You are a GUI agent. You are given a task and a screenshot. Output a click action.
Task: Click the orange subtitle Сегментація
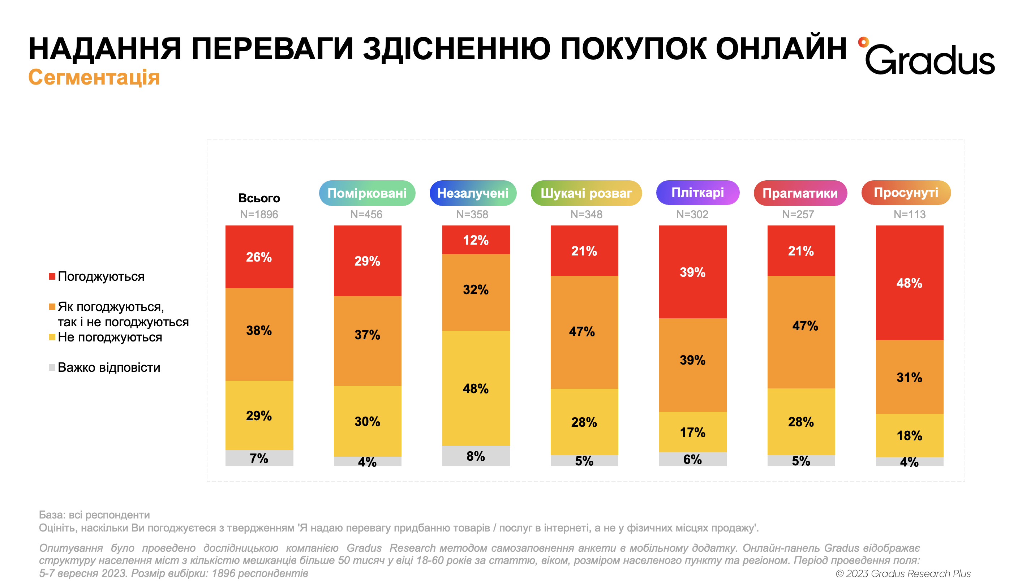[x=94, y=77]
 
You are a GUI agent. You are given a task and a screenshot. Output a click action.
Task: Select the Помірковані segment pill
[x=367, y=193]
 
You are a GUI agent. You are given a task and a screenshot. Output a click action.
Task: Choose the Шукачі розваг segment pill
[x=586, y=193]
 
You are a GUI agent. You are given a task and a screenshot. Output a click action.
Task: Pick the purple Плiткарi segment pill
[x=697, y=193]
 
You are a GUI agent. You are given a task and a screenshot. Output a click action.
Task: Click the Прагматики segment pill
[x=800, y=193]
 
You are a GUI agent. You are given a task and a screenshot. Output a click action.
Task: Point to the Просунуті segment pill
[x=906, y=193]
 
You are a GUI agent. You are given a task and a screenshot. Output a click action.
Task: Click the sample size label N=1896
[x=259, y=215]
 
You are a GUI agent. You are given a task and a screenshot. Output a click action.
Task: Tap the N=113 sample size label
[x=909, y=215]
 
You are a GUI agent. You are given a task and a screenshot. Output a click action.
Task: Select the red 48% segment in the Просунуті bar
[x=909, y=283]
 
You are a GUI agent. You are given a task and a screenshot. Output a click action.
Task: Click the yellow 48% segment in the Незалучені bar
[x=476, y=388]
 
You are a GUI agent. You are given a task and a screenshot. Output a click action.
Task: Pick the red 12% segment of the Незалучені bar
[x=476, y=240]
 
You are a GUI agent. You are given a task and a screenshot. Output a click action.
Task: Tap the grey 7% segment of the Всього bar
[x=259, y=458]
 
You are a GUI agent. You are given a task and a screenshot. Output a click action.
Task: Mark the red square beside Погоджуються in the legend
[x=52, y=276]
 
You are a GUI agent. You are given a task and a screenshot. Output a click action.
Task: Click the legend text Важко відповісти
[x=109, y=367]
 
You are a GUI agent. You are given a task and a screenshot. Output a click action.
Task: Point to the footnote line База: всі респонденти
[x=94, y=515]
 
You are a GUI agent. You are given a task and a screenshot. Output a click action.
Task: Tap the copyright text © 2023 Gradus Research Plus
[x=903, y=573]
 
